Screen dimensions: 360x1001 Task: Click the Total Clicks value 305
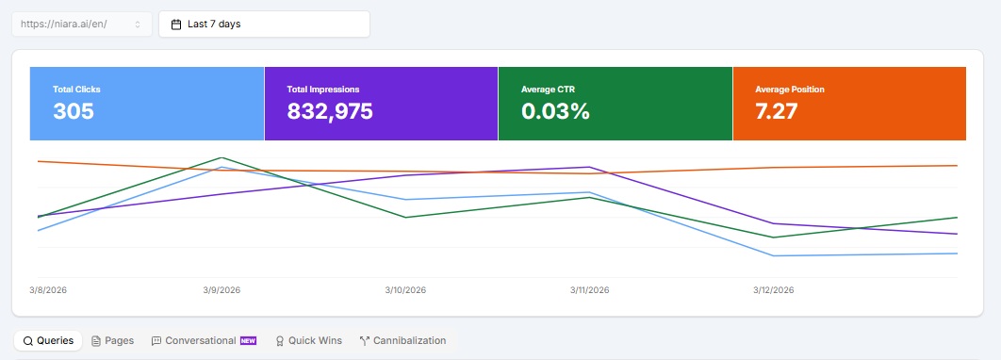74,111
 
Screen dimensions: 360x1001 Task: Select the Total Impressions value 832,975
330,111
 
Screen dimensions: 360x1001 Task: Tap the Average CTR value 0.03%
555,111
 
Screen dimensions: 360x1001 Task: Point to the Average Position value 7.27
777,111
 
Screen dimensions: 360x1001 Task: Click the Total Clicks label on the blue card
76,90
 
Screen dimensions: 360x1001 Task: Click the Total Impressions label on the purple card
323,90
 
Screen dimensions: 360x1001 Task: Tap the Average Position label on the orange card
790,90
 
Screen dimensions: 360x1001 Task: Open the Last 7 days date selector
264,25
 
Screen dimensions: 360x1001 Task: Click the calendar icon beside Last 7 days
176,25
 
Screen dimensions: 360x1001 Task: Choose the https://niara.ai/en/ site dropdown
81,25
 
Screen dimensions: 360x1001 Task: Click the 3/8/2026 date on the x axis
48,290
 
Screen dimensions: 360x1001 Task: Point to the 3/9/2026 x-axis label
222,290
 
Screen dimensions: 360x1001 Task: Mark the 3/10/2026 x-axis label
405,290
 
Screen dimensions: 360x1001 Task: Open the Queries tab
48,340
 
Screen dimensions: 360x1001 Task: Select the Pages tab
112,340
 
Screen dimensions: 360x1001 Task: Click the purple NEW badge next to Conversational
248,340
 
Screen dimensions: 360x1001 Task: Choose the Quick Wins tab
308,340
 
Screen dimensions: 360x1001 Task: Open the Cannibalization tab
402,340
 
